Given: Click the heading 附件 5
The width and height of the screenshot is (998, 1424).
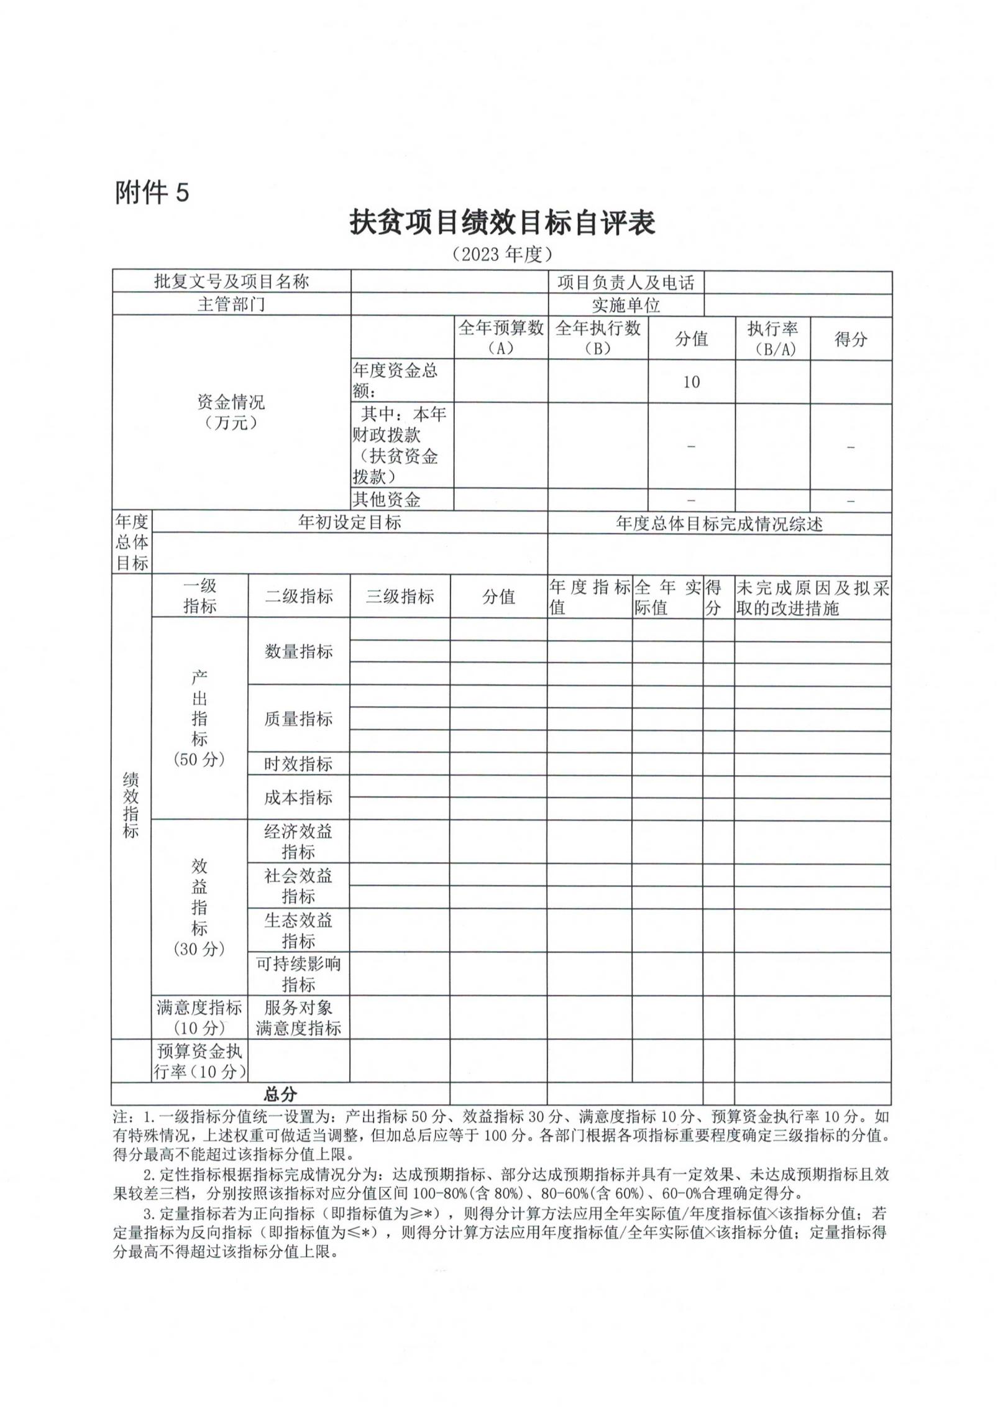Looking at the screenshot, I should (152, 193).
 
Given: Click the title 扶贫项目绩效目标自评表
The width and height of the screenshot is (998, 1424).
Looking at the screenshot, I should (502, 223).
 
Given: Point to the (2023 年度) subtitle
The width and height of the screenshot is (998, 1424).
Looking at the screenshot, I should (502, 254).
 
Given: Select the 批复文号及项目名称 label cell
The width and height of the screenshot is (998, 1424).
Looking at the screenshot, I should (231, 282).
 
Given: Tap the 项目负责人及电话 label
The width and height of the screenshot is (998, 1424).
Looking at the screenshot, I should (625, 283).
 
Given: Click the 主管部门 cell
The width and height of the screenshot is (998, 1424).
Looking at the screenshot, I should (231, 305).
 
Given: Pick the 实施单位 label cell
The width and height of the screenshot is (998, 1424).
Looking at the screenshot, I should (625, 305).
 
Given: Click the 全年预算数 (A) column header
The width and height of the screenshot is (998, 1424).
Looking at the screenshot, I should (501, 338).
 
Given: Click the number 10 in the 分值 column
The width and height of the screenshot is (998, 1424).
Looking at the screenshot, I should (691, 382).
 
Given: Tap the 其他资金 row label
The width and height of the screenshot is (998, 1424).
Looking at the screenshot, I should (387, 499).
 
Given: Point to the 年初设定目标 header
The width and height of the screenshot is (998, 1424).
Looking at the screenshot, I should (349, 522).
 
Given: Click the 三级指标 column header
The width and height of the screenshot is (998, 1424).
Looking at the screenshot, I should (400, 597).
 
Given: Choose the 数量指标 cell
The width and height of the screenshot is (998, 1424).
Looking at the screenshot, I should (299, 651).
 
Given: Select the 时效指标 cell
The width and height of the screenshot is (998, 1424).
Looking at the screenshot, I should (299, 764).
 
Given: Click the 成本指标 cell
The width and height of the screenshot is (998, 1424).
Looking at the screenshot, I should (299, 797).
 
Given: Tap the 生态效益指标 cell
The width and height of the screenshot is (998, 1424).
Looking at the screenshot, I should (299, 930).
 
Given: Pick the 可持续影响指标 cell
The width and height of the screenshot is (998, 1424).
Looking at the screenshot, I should (299, 974).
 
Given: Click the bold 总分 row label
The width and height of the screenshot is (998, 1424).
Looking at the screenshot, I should (281, 1094).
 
